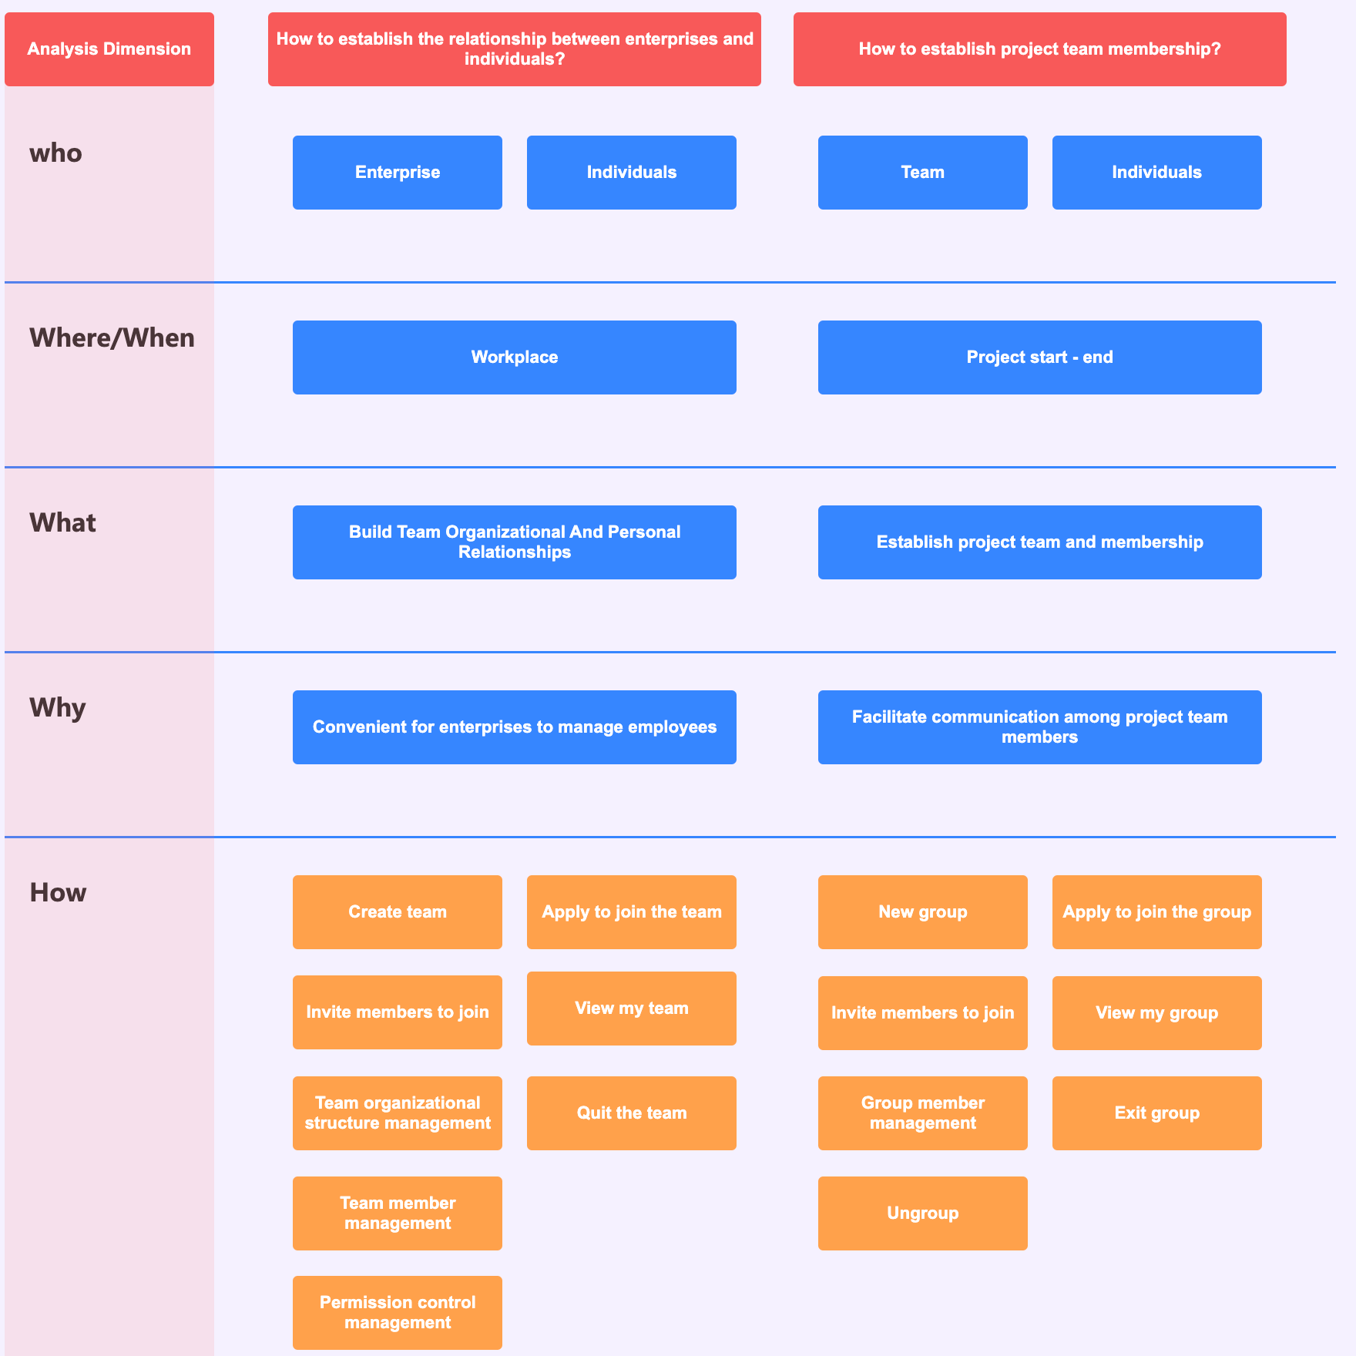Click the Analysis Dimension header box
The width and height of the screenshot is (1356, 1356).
coord(109,49)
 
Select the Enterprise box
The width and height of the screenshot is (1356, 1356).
coord(398,173)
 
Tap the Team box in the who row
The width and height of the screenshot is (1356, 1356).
coord(922,173)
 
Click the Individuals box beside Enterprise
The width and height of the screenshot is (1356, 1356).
coord(631,173)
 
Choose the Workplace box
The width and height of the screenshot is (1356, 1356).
coord(514,357)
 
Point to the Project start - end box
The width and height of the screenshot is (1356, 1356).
coord(1039,357)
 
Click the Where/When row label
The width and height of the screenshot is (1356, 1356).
coord(112,338)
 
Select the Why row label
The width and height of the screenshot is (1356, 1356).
coord(58,708)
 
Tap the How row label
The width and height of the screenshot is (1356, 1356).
coord(58,893)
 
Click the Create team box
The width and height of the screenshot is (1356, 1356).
coord(398,912)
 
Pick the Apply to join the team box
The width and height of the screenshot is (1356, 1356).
coord(631,912)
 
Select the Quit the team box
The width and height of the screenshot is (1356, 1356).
coord(631,1113)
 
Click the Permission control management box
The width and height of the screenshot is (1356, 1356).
coord(398,1313)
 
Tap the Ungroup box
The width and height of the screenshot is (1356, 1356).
coord(922,1213)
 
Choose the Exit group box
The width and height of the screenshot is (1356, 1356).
coord(1156,1113)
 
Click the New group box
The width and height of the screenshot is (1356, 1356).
coord(922,912)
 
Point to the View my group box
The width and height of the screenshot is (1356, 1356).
coord(1156,1013)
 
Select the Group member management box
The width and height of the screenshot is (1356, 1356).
coord(922,1113)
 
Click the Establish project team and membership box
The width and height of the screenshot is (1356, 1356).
coord(1039,542)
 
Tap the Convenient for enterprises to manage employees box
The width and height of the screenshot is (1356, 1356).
coord(514,727)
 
